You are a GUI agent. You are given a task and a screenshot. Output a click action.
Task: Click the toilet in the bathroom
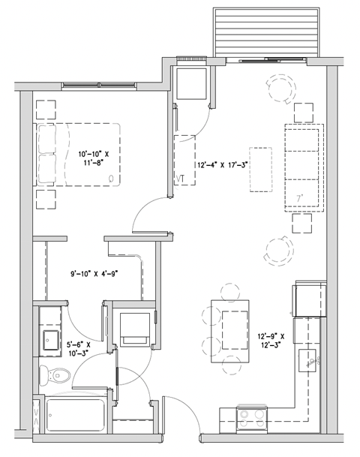(x=49, y=374)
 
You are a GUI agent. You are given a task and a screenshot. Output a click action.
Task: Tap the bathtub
(x=74, y=415)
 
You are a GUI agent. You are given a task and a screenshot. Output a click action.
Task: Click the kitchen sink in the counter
(x=308, y=361)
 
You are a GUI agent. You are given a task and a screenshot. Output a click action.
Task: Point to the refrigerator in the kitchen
(x=310, y=299)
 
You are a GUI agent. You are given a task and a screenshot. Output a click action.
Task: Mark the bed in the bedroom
(x=79, y=155)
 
